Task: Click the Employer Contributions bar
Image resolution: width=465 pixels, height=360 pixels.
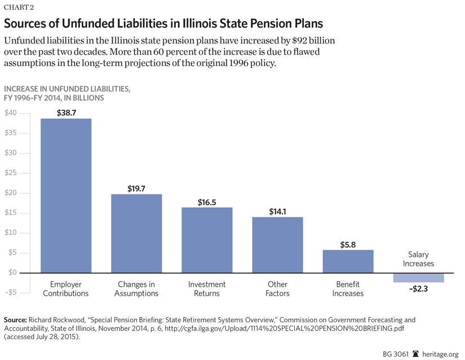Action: (66, 195)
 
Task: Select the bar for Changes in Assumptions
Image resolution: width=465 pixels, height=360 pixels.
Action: (136, 233)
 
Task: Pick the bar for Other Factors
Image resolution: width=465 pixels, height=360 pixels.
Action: (277, 245)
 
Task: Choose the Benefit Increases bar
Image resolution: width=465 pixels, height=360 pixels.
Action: (348, 261)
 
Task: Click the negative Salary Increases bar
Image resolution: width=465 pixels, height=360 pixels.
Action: (418, 277)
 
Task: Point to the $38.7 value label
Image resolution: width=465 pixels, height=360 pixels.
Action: (66, 113)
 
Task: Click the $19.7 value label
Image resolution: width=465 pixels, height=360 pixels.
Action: (136, 189)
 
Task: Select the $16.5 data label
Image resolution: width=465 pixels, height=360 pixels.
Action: (207, 202)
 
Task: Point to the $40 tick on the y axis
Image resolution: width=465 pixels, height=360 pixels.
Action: (11, 113)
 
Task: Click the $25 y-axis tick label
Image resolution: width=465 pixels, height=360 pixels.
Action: (11, 173)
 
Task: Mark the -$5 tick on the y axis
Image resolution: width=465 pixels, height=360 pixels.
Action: (11, 292)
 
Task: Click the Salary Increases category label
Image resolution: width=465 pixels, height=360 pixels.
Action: (418, 259)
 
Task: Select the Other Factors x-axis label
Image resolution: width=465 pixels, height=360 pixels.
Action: (277, 288)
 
